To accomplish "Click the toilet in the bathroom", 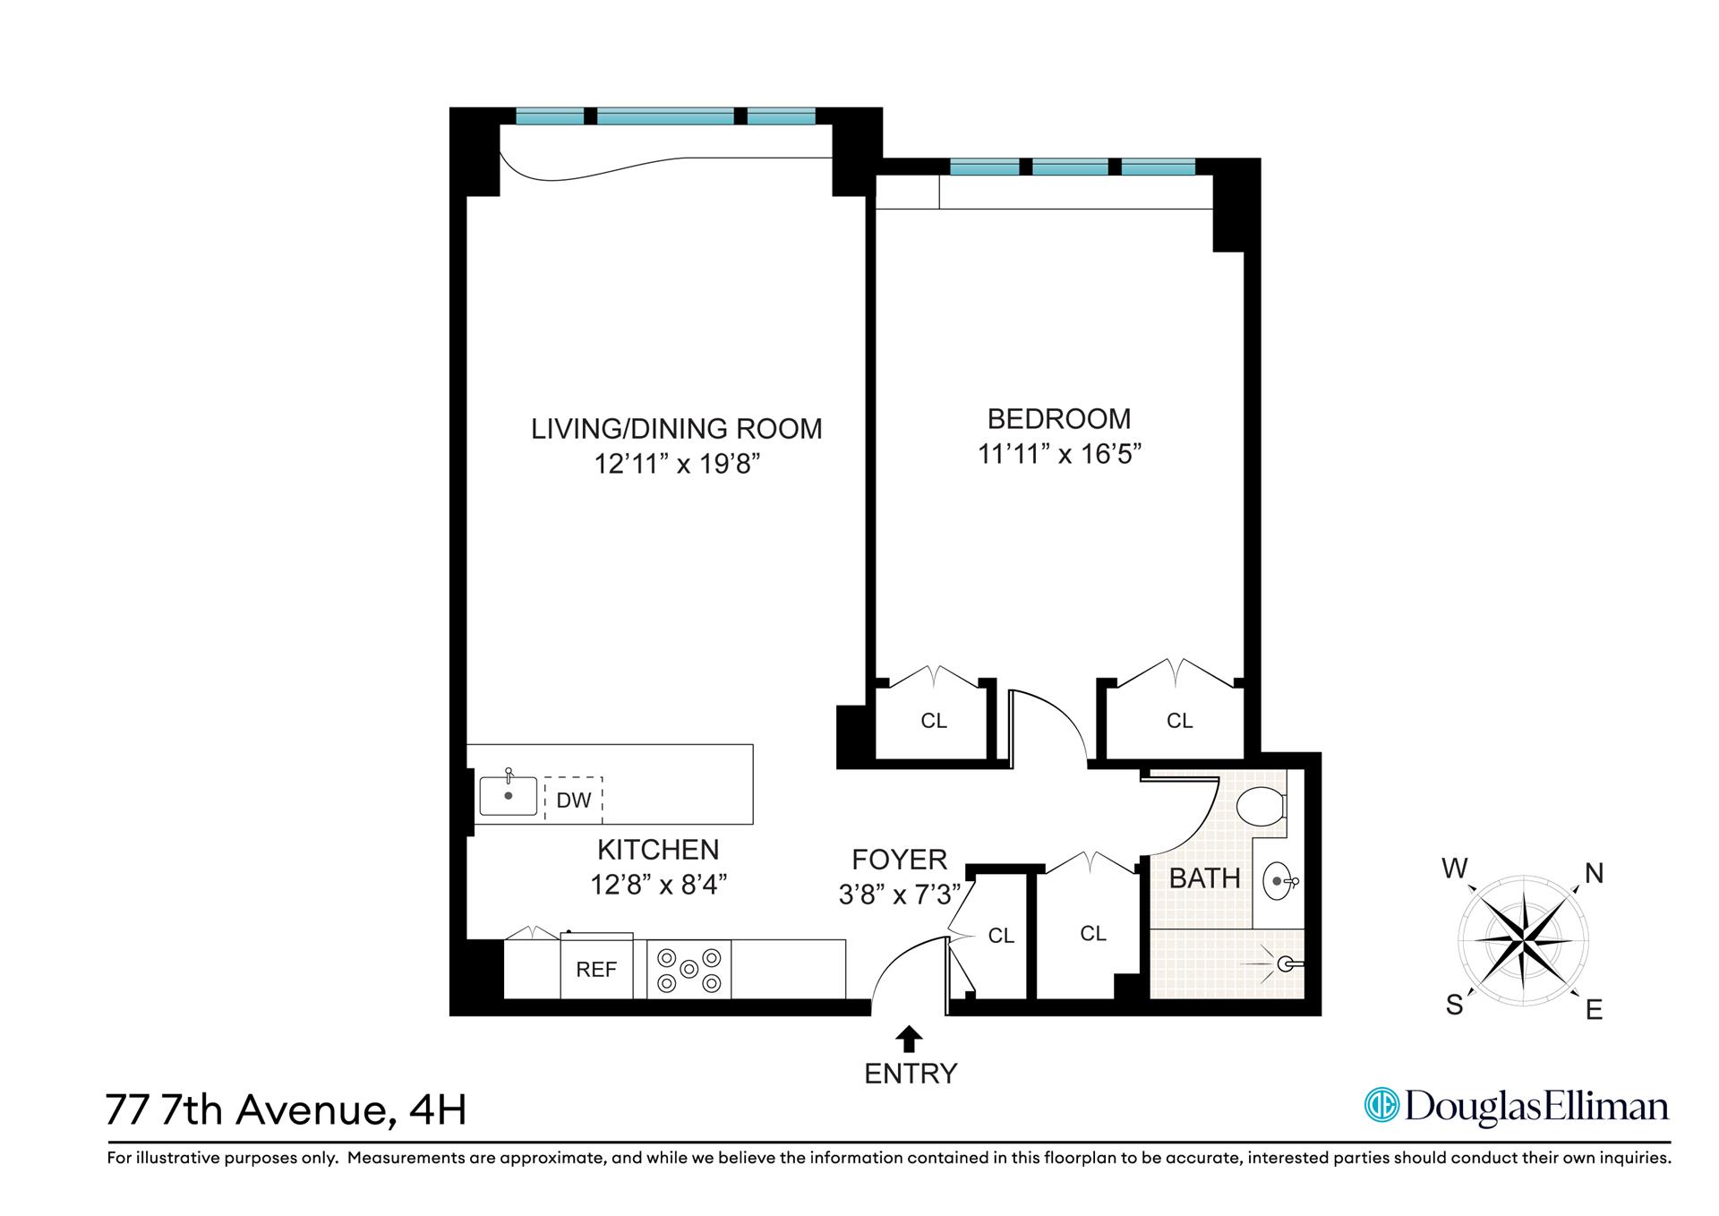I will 1260,806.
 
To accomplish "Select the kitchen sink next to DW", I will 509,795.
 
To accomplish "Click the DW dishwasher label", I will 574,801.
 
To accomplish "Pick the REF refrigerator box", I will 596,969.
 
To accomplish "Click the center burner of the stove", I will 688,969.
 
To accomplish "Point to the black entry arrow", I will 910,1038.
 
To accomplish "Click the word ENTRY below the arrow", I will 911,1073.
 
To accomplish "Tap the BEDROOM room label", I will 1059,418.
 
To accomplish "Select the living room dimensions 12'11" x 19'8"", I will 677,464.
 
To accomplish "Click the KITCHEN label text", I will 658,849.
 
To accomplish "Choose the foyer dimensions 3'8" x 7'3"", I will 899,894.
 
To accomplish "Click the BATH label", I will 1204,878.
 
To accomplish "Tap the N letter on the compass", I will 1594,873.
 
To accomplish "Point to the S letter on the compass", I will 1455,1005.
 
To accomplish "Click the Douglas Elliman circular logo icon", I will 1381,1105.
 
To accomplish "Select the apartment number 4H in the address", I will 437,1110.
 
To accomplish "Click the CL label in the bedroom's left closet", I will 934,721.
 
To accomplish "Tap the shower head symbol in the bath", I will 1287,964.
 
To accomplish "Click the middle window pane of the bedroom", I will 1070,167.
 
